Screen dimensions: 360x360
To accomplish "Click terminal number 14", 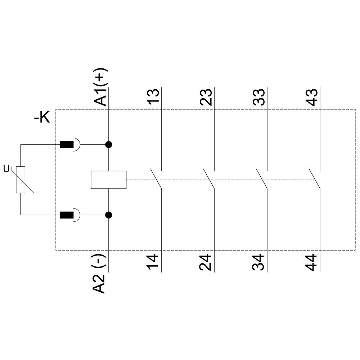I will click(x=153, y=263).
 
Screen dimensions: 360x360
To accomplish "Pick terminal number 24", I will click(x=206, y=263).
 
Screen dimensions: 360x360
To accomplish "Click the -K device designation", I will click(x=42, y=118).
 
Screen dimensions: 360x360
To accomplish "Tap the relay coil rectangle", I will click(x=108, y=179).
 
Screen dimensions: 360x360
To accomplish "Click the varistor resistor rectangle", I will click(x=21, y=180).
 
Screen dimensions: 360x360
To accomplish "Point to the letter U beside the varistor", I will click(x=6, y=168).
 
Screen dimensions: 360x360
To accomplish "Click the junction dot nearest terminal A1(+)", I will click(x=108, y=145).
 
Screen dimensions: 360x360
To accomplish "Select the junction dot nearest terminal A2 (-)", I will click(x=108, y=215).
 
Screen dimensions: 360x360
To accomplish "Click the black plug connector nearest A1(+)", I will click(x=67, y=145).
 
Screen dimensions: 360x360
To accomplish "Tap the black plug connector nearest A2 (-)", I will click(x=67, y=215).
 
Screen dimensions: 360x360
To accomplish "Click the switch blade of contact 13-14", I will click(x=156, y=179).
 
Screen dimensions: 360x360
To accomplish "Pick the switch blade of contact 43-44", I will click(x=315, y=179).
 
